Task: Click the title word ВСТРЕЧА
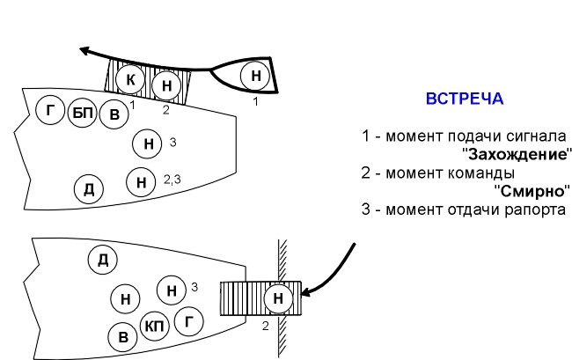(465, 99)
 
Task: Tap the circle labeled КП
(155, 327)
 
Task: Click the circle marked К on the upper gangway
(130, 79)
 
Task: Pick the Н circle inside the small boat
(256, 76)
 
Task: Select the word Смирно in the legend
(532, 191)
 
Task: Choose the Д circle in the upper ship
(89, 189)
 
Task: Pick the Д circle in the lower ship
(102, 260)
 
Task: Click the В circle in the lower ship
(122, 336)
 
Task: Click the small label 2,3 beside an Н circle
(172, 179)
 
